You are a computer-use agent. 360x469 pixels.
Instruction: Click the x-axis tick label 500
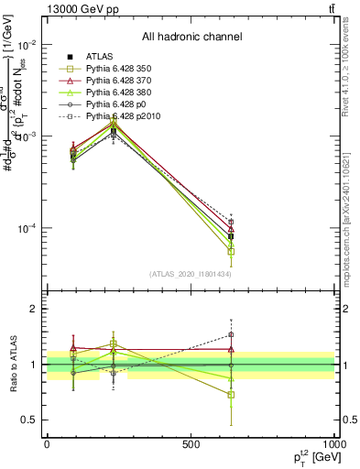point(191,443)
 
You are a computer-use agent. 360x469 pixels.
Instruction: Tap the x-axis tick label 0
point(47,443)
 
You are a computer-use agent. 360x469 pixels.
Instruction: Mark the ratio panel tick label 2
point(34,310)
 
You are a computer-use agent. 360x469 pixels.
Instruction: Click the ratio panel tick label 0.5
point(29,420)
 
